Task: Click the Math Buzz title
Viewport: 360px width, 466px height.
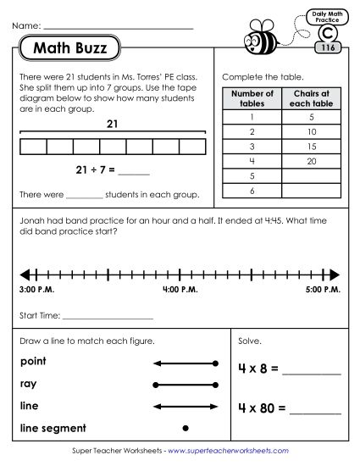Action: (x=71, y=48)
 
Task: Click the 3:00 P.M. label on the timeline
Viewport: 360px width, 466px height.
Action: (x=34, y=291)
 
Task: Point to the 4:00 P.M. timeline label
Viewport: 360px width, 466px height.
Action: (x=180, y=291)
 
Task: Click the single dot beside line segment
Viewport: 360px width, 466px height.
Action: (x=186, y=427)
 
